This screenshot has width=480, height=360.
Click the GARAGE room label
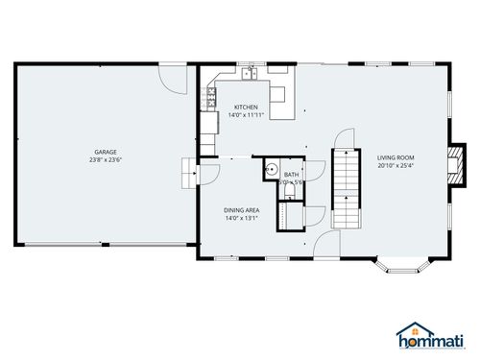106,152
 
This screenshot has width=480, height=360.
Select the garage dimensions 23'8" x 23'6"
106,160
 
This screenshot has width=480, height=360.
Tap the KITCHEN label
247,107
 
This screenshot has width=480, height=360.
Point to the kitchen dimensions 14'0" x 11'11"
247,115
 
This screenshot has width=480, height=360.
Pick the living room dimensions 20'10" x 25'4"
396,164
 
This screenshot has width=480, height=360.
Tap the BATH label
292,175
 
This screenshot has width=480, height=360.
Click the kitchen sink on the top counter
248,71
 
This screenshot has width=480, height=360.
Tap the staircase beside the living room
343,187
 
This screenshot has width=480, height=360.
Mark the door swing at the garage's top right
172,79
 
